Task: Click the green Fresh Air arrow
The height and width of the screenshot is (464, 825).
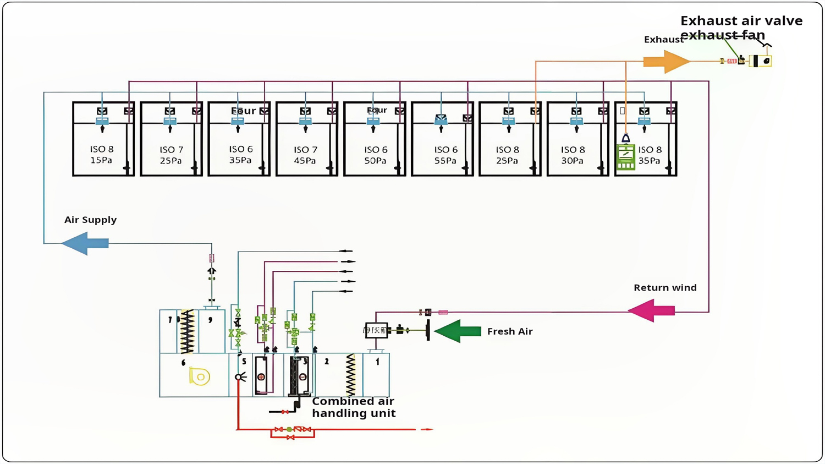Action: [x=458, y=331]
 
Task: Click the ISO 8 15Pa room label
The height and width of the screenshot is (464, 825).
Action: [x=101, y=155]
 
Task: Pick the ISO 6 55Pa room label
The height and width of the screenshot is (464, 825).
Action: [x=445, y=155]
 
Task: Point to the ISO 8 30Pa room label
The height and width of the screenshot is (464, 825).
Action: [x=572, y=155]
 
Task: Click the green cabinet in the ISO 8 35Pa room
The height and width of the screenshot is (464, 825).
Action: [x=625, y=157]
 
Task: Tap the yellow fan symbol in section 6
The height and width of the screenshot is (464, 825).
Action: [x=200, y=376]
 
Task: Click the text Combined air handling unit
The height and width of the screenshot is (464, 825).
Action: [x=353, y=407]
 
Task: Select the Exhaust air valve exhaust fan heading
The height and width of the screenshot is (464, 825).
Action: [x=741, y=28]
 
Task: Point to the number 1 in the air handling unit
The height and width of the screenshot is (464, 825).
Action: [x=377, y=362]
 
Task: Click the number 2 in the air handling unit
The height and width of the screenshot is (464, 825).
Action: [x=327, y=362]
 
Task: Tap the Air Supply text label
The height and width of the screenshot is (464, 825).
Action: [x=90, y=220]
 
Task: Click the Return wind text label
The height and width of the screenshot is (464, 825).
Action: [x=665, y=287]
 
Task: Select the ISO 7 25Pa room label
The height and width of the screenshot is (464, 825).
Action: [x=171, y=155]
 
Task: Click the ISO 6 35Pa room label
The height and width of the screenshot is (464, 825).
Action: [x=240, y=155]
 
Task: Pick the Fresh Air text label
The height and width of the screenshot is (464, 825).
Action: [x=509, y=331]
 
